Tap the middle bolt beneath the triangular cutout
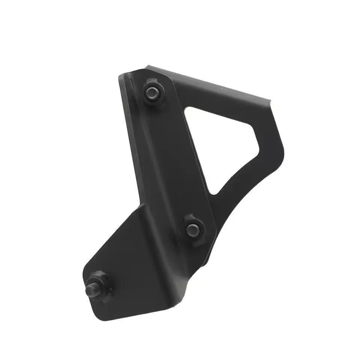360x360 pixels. click(193, 228)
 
